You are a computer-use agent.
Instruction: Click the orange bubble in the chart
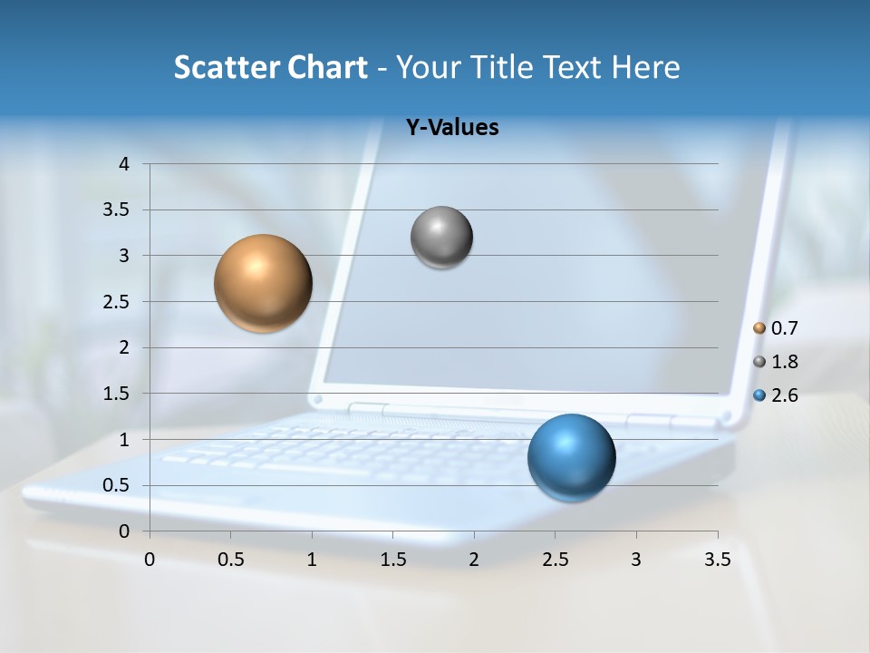coord(264,283)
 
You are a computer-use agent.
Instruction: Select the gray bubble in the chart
coord(441,238)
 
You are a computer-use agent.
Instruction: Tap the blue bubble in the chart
coord(571,457)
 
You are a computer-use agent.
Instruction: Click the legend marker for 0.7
coord(759,328)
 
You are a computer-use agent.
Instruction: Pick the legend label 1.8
coord(784,362)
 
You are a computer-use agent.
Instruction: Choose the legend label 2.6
coord(784,395)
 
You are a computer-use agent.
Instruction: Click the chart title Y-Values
coord(451,128)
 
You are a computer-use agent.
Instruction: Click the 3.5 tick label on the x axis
coord(717,560)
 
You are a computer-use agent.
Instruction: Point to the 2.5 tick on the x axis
coord(555,560)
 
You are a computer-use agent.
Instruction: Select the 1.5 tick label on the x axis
coord(392,560)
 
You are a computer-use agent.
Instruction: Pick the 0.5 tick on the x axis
coord(230,560)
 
